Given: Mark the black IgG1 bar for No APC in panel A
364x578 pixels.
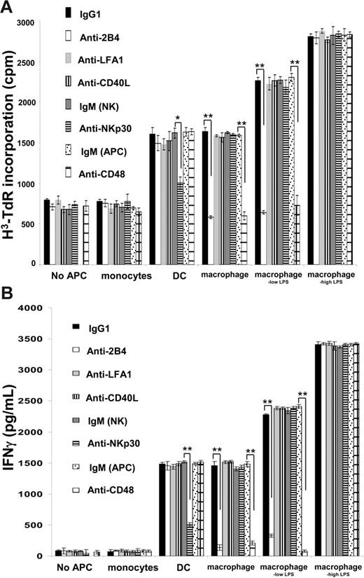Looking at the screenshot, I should coord(47,231).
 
